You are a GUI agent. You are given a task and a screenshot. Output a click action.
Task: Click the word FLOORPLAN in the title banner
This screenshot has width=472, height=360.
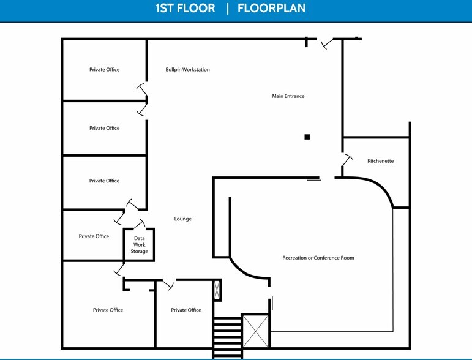pos(271,8)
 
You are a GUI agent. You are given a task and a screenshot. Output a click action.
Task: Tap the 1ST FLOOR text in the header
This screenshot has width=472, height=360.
pos(185,8)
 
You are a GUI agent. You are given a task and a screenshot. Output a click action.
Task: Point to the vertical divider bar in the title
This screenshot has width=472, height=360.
pos(228,8)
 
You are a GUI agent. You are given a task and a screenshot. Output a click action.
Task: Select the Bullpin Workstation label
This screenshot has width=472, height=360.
pos(187,70)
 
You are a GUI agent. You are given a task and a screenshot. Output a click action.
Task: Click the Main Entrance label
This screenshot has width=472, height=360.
pos(288,96)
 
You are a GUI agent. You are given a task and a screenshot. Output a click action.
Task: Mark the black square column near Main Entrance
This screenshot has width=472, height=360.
pos(307,137)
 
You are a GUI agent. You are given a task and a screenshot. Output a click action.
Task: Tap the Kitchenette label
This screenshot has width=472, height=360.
pos(381,161)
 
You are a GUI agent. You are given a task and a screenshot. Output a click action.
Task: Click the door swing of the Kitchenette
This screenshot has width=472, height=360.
pos(347,160)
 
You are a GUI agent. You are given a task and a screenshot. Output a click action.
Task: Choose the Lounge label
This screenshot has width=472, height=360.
pos(182,219)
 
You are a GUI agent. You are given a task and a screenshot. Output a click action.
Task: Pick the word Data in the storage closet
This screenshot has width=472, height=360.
pos(140,238)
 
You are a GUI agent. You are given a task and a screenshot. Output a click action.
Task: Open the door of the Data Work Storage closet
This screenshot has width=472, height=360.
pos(139,223)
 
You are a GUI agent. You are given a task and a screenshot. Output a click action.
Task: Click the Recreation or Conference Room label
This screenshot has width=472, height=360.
pos(318,258)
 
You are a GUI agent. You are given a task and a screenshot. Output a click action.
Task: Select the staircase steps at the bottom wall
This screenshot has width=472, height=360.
pos(227,337)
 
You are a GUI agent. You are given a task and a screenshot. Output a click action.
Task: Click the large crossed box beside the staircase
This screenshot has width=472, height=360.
pos(255,331)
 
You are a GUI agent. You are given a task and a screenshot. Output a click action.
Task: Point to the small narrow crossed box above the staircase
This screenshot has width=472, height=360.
pos(217,290)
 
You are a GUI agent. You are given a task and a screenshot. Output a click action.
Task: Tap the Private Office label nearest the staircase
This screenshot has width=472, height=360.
pos(186,310)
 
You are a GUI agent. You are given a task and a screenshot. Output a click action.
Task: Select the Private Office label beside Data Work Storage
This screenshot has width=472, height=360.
pos(94,236)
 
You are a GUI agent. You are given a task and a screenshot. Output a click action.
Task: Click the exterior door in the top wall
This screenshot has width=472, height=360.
pos(328,43)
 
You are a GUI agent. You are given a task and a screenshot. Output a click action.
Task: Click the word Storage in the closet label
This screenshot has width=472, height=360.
pos(140,252)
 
